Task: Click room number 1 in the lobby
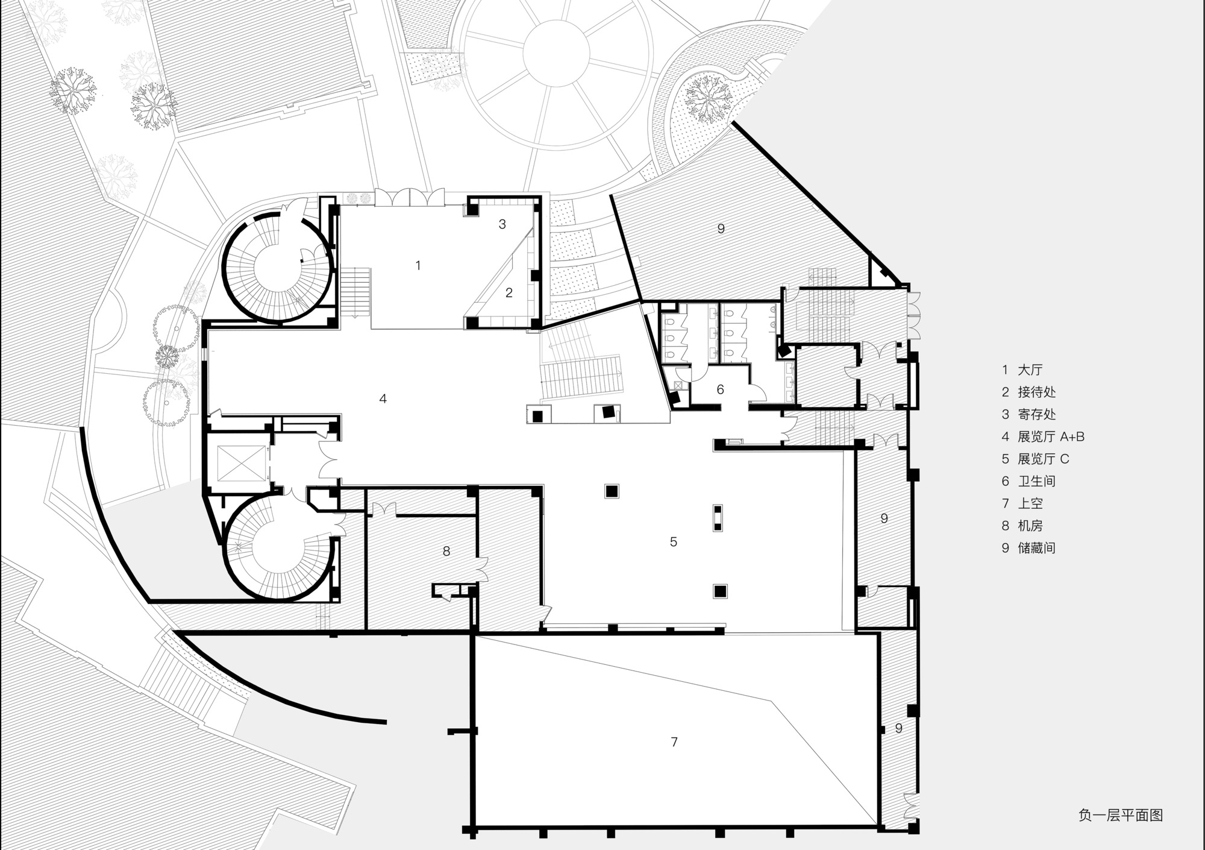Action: (418, 265)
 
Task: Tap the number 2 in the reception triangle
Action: (509, 293)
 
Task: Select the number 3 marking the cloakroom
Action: (502, 224)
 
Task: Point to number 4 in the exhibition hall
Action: (383, 398)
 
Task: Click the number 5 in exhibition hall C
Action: (674, 542)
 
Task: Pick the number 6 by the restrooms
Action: (720, 390)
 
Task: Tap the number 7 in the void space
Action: (674, 742)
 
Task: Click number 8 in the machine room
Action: (446, 551)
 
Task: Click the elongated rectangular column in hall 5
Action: (718, 518)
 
